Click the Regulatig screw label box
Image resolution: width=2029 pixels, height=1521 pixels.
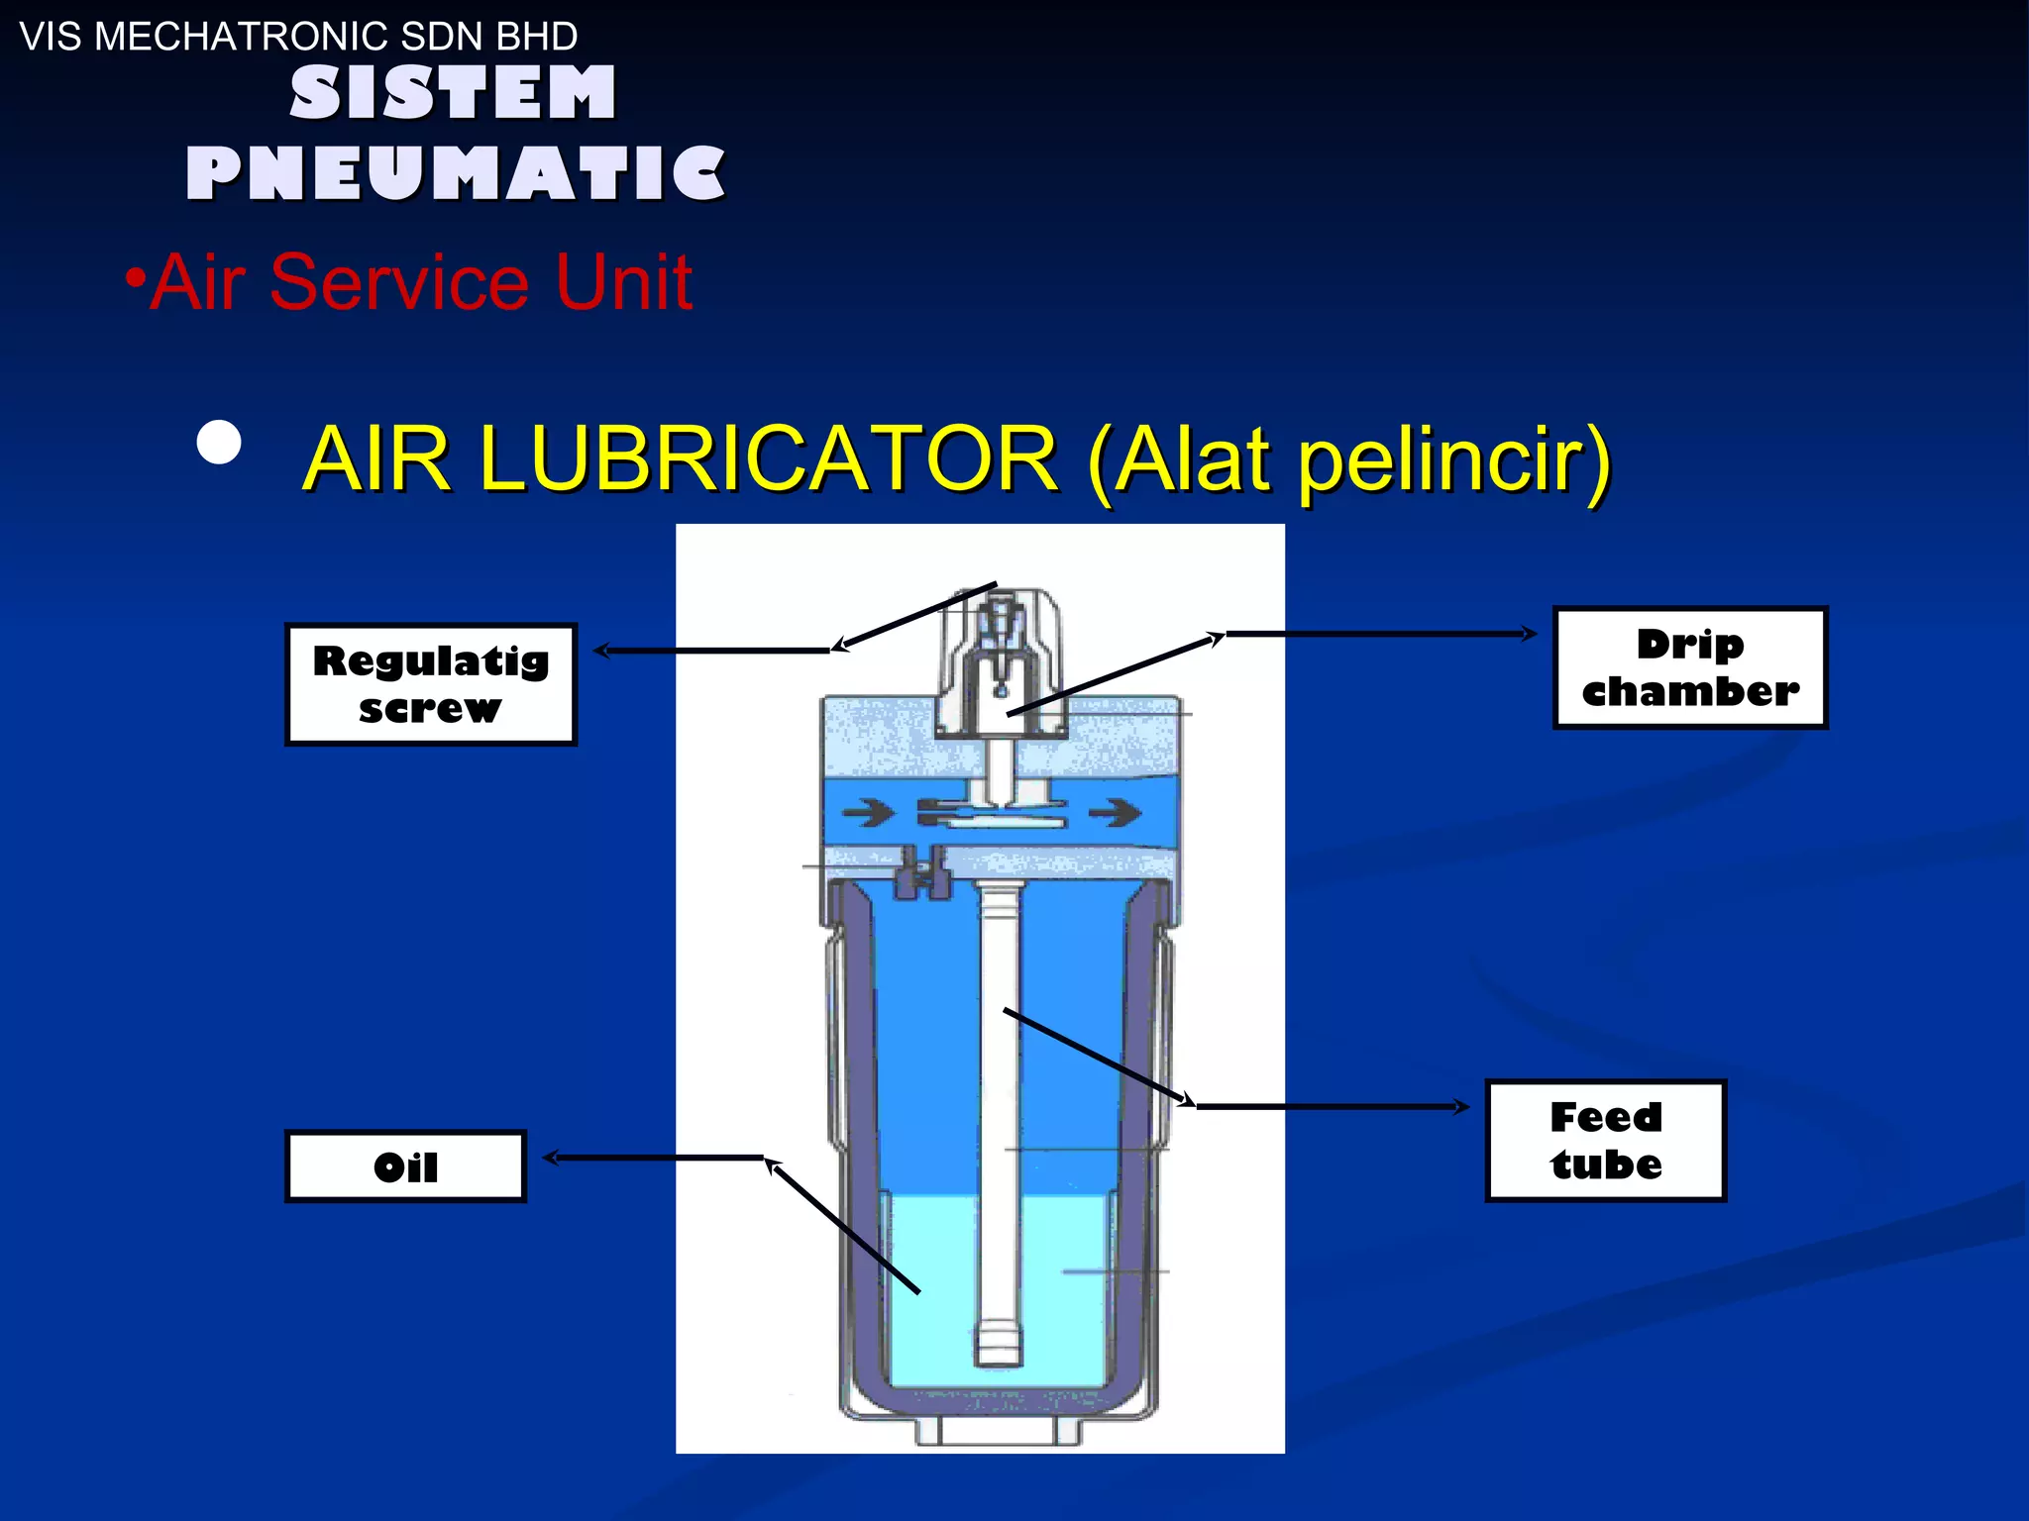pyautogui.click(x=430, y=684)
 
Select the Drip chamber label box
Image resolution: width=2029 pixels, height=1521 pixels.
pyautogui.click(x=1689, y=668)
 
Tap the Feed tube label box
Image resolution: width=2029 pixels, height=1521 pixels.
pyautogui.click(x=1605, y=1141)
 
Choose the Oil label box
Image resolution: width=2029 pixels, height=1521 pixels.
pyautogui.click(x=405, y=1166)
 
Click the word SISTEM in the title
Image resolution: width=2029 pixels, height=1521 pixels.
pyautogui.click(x=453, y=94)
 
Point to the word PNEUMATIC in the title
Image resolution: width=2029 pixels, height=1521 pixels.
pyautogui.click(x=456, y=173)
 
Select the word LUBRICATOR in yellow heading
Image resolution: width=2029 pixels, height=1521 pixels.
pyautogui.click(x=769, y=458)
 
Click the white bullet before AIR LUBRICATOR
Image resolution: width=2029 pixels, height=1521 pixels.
pyautogui.click(x=219, y=443)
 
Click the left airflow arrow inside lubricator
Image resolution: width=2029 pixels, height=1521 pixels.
pyautogui.click(x=866, y=814)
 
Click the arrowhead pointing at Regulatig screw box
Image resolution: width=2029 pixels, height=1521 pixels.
pyautogui.click(x=600, y=651)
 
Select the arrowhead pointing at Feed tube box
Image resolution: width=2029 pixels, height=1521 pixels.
pyautogui.click(x=1462, y=1106)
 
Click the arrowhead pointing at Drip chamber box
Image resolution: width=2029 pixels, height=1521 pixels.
pyautogui.click(x=1530, y=634)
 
